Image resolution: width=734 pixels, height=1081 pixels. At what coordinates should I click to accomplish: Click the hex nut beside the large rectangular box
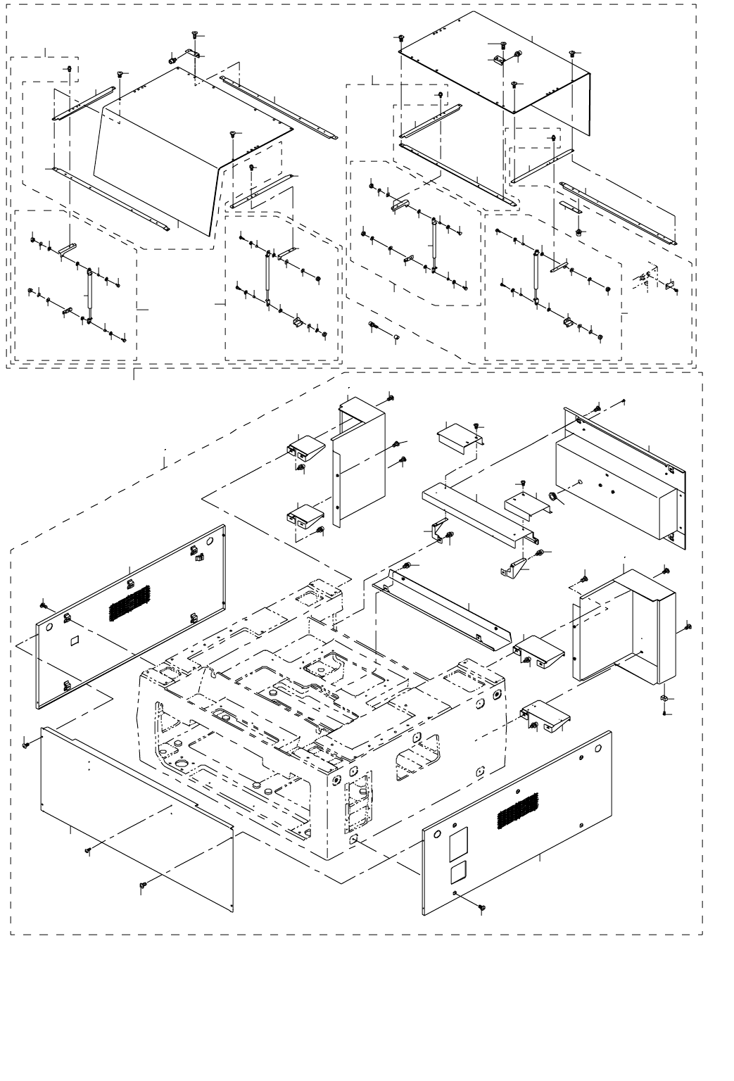pyautogui.click(x=553, y=498)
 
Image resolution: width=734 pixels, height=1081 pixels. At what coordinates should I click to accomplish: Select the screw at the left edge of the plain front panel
pyautogui.click(x=26, y=743)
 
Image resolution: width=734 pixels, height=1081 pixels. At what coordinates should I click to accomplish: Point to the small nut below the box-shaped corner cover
pyautogui.click(x=664, y=698)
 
